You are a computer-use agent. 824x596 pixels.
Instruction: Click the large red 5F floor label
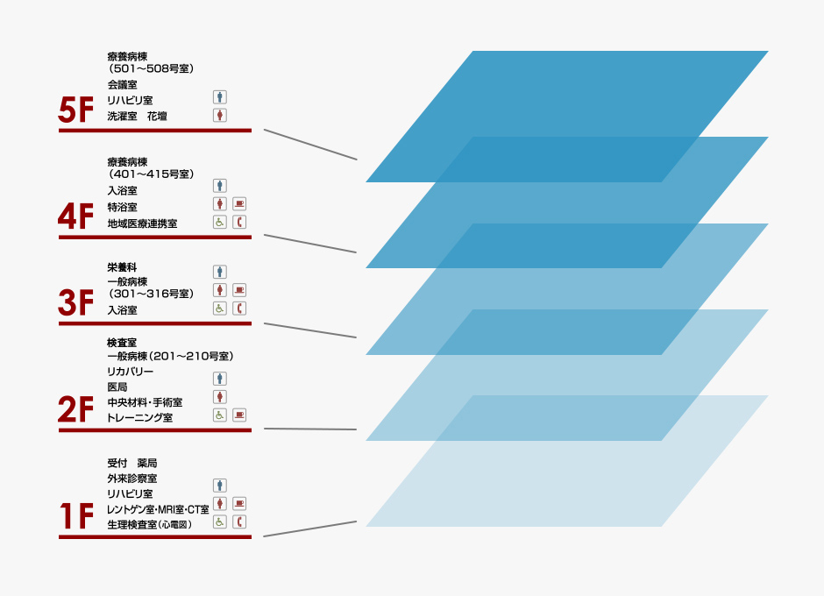pyautogui.click(x=75, y=110)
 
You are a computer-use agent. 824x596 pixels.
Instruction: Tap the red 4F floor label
pyautogui.click(x=75, y=216)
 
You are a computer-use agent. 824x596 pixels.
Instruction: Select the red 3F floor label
pyautogui.click(x=75, y=302)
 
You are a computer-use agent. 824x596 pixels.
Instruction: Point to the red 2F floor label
pyautogui.click(x=75, y=409)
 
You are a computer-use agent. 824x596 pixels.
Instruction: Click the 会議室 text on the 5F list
pyautogui.click(x=123, y=85)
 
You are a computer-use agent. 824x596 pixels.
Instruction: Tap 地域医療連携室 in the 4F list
pyautogui.click(x=142, y=223)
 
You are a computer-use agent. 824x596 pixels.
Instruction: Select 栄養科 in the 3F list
pyautogui.click(x=122, y=267)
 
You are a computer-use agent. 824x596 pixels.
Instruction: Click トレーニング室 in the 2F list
pyautogui.click(x=139, y=418)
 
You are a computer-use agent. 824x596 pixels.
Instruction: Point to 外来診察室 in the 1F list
pyautogui.click(x=131, y=479)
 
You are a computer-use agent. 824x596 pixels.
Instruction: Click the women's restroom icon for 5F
pyautogui.click(x=220, y=115)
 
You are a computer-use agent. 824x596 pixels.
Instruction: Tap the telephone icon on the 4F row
pyautogui.click(x=239, y=222)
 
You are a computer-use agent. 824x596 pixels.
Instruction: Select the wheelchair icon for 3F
pyautogui.click(x=220, y=309)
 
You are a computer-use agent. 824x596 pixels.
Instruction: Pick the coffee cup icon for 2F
pyautogui.click(x=239, y=415)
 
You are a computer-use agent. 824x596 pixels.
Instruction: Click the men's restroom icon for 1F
pyautogui.click(x=220, y=485)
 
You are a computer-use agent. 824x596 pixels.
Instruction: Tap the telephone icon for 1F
pyautogui.click(x=239, y=521)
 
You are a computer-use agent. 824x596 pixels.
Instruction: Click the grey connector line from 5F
pyautogui.click(x=310, y=145)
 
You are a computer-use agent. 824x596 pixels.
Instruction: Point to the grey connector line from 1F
pyautogui.click(x=310, y=529)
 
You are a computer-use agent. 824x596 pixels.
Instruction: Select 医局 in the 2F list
pyautogui.click(x=117, y=387)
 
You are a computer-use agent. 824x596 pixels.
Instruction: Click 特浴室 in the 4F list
pyautogui.click(x=123, y=207)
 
